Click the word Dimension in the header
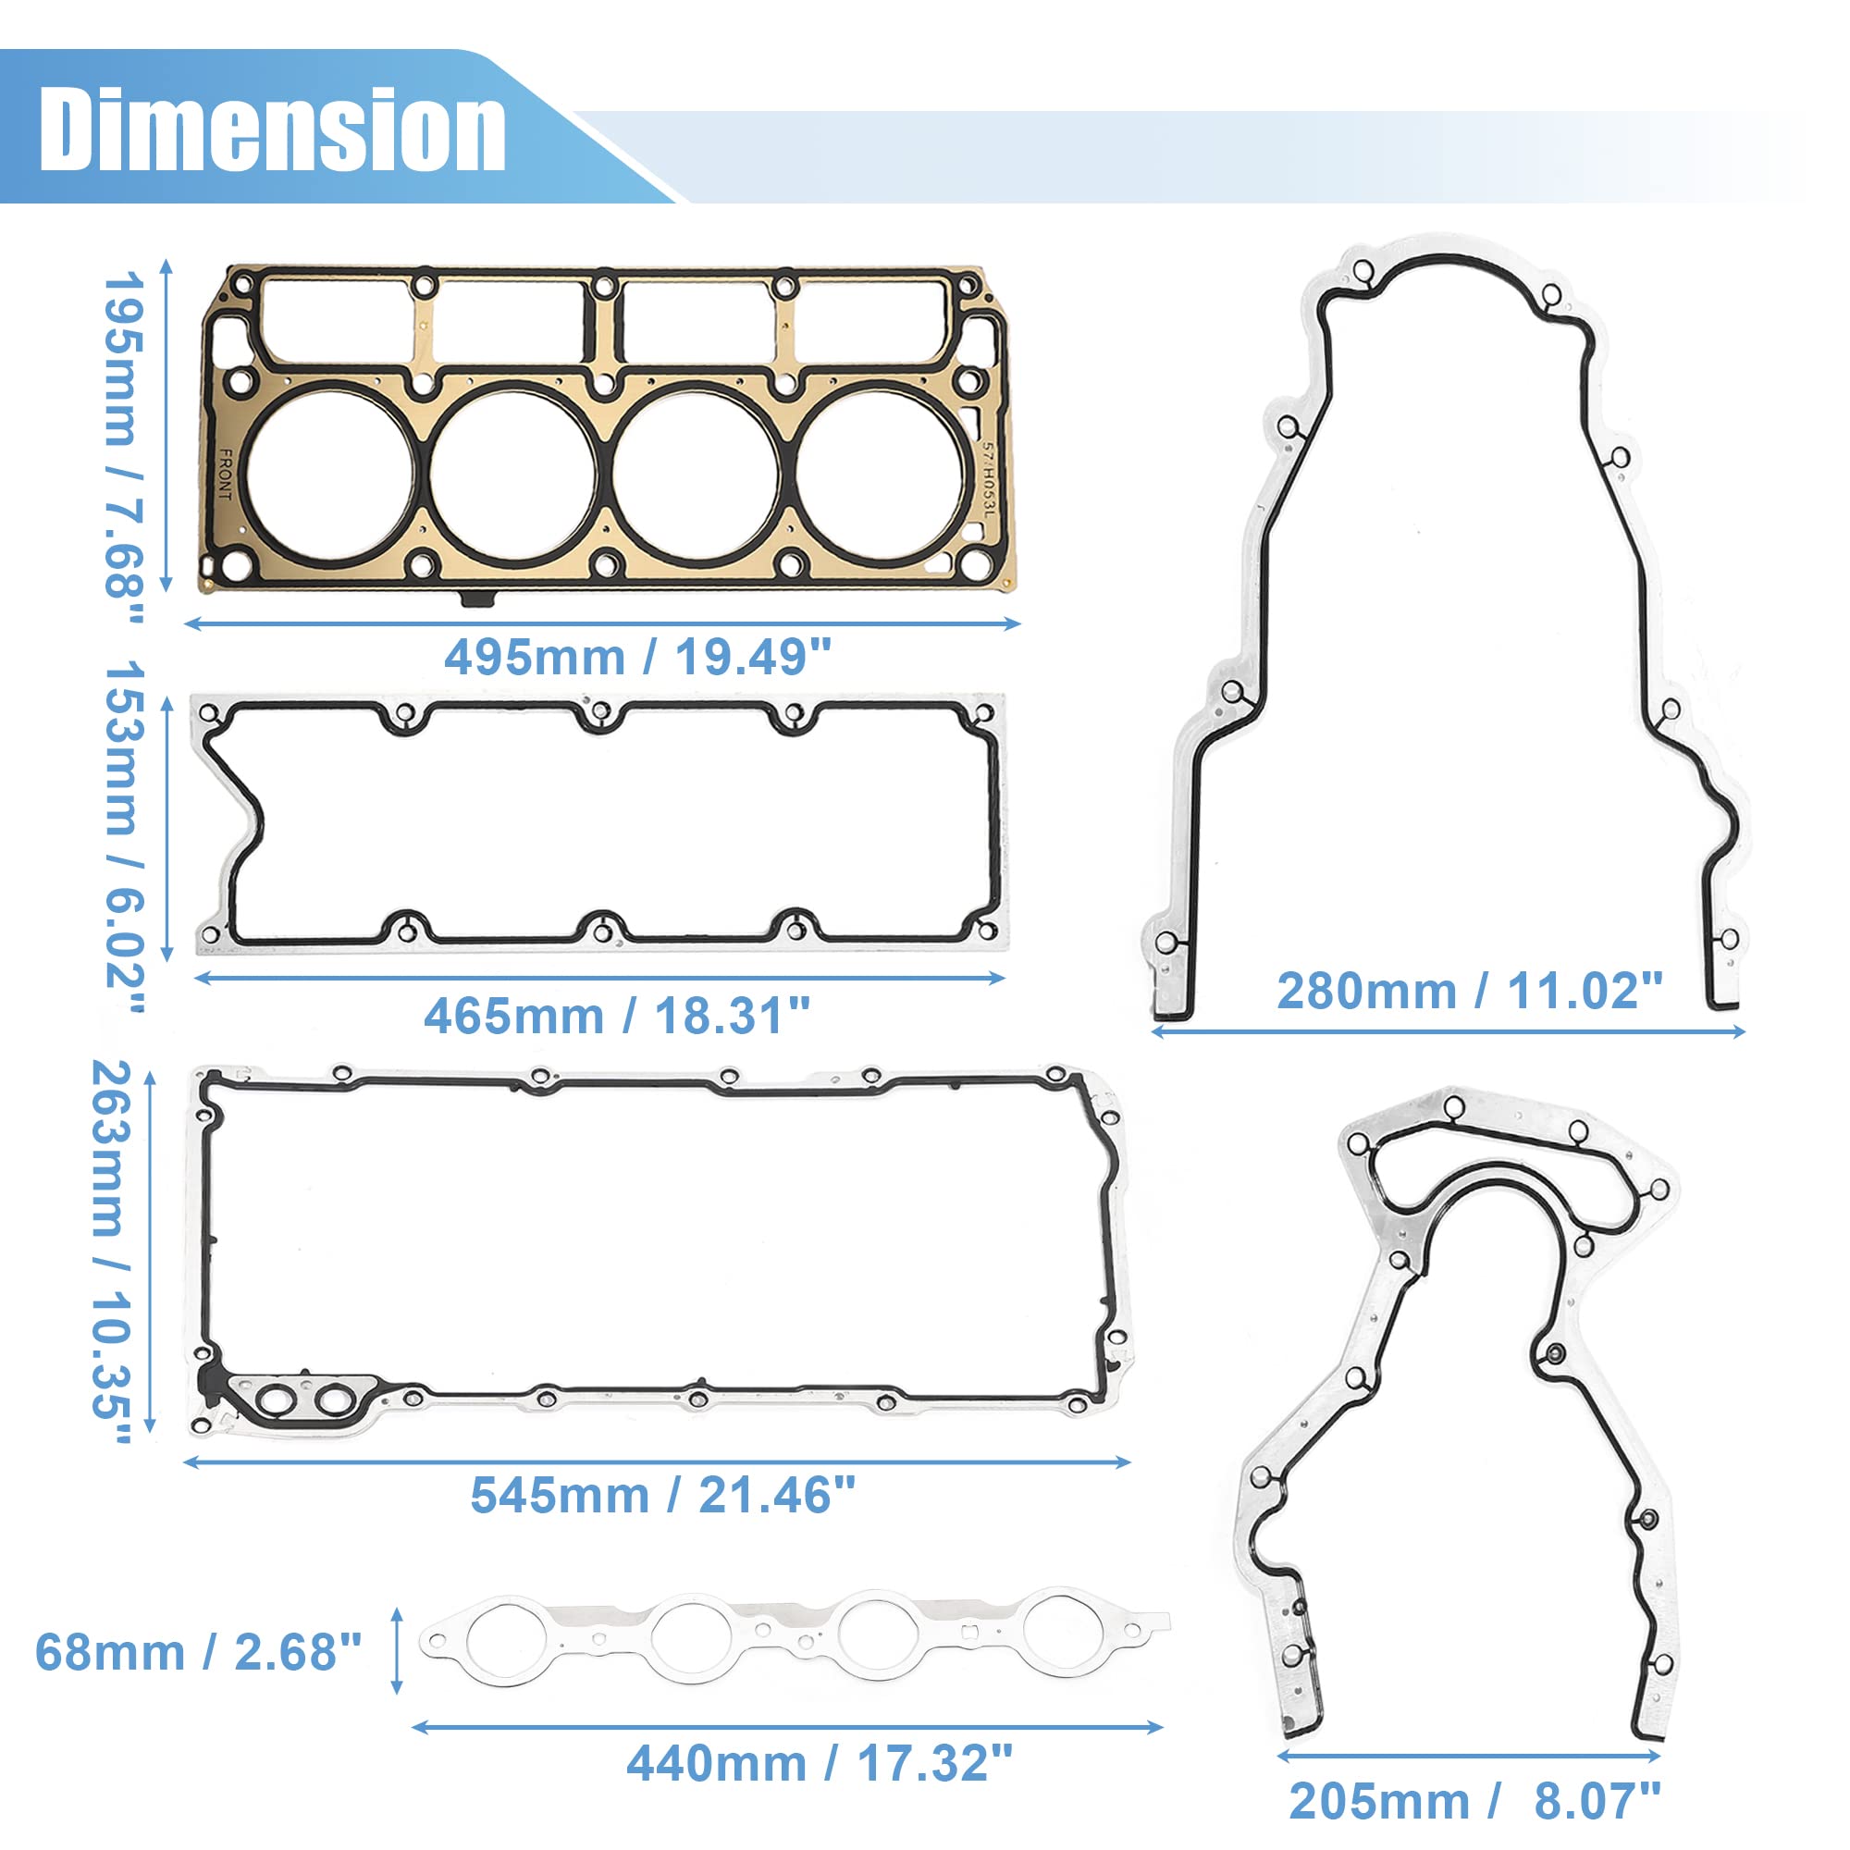tap(272, 129)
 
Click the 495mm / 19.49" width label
tap(637, 658)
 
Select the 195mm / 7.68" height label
tap(123, 447)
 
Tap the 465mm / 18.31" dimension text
tap(617, 1016)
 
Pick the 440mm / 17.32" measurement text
tap(819, 1763)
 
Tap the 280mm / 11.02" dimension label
tap(1470, 991)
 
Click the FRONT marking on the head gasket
tap(226, 475)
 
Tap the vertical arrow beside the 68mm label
tap(398, 1651)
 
